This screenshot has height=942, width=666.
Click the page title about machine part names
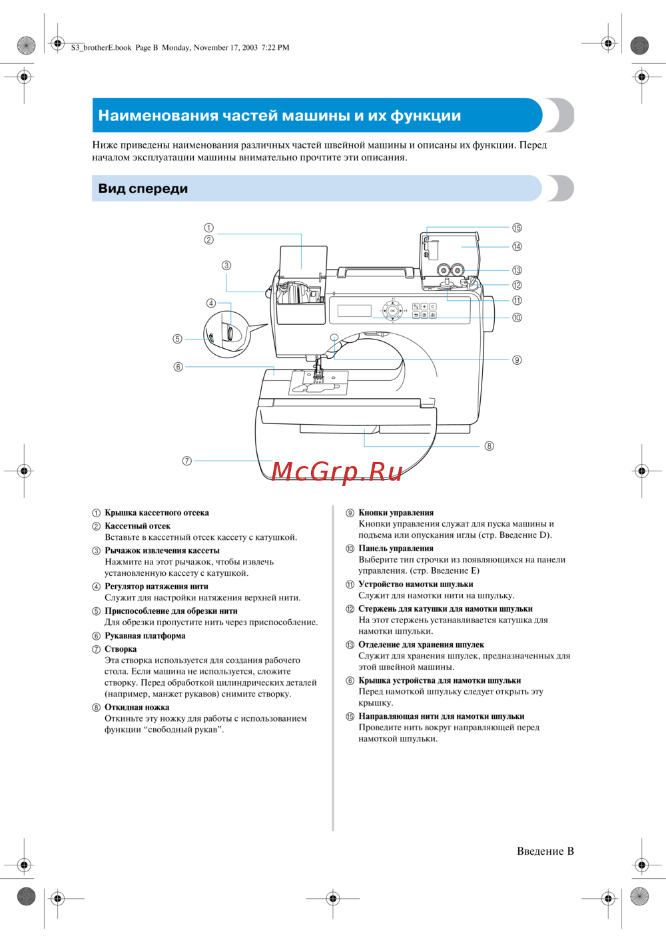(279, 115)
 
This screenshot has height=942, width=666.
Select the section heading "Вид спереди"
(143, 188)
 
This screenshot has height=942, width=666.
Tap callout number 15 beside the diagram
(517, 228)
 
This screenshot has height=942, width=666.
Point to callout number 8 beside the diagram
(489, 446)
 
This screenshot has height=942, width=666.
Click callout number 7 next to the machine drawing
(187, 461)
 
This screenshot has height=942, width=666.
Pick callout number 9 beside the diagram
(517, 360)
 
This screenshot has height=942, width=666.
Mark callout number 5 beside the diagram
(177, 339)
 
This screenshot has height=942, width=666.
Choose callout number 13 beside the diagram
(517, 270)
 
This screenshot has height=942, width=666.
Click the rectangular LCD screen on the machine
(354, 311)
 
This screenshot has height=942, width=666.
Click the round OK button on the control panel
(393, 311)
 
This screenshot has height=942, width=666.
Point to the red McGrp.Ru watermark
(337, 471)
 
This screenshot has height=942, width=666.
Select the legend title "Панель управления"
(396, 549)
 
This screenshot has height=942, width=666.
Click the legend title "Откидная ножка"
(137, 707)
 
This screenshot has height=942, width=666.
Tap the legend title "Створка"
(121, 649)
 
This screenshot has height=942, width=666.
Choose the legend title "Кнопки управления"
(396, 513)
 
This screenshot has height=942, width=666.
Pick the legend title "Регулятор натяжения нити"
(157, 587)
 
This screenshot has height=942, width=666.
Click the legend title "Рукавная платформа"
(145, 636)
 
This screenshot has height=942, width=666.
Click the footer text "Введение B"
(545, 851)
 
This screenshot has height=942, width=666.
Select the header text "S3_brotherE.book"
(101, 47)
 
